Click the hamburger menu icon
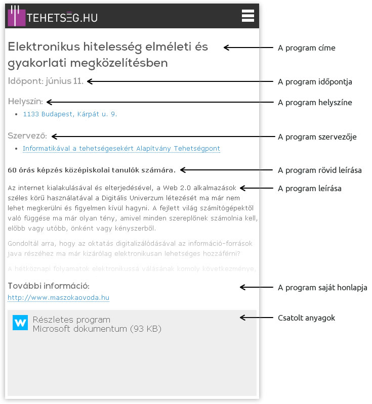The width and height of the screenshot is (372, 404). [x=248, y=16]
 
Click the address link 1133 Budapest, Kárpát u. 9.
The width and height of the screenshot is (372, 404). [x=70, y=114]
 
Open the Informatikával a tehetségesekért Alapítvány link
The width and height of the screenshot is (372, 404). [x=121, y=149]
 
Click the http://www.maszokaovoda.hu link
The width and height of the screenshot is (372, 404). [x=59, y=298]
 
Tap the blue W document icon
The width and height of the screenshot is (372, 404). [x=20, y=323]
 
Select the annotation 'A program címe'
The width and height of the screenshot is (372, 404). [x=307, y=48]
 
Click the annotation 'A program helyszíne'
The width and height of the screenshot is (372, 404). [x=315, y=103]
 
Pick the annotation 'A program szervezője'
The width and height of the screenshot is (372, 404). [x=317, y=137]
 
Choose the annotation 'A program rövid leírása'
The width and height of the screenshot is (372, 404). [x=320, y=170]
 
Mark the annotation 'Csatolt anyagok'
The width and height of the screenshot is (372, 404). [x=307, y=318]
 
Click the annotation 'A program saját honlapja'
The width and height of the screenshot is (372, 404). [x=322, y=288]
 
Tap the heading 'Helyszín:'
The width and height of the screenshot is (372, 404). [x=25, y=102]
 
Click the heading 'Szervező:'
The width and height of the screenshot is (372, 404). [x=27, y=136]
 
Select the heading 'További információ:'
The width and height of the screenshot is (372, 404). [x=49, y=286]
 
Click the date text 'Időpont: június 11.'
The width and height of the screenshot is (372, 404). [x=46, y=81]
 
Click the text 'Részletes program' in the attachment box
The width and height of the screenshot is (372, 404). [x=71, y=320]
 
